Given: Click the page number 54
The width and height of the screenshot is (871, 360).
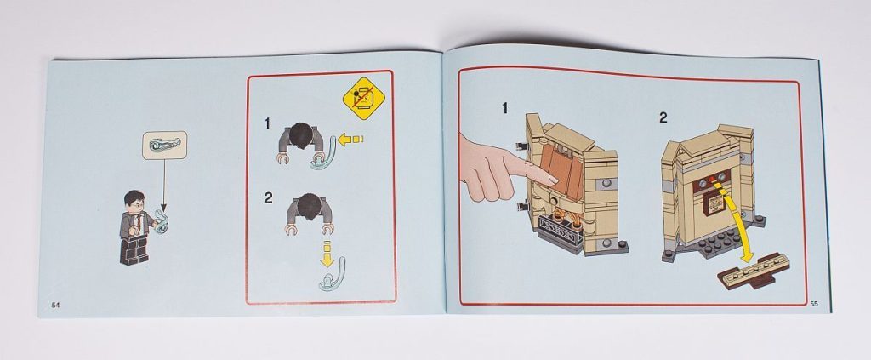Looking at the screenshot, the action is click(55, 305).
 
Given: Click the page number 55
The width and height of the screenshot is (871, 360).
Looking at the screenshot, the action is click(814, 303).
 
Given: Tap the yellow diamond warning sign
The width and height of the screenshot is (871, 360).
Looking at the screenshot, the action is click(363, 99).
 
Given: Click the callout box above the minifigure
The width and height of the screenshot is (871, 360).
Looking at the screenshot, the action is click(164, 145).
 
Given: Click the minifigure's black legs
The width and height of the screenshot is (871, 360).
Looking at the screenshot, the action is click(134, 249).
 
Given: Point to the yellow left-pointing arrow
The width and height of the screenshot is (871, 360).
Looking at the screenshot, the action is click(350, 139).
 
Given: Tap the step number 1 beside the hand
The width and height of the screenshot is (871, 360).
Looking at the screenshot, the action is click(504, 108).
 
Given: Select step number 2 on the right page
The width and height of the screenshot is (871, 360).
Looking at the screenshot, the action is click(663, 117).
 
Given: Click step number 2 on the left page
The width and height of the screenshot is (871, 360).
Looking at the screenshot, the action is click(268, 197).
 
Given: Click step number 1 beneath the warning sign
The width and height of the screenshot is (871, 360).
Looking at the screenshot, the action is click(267, 123).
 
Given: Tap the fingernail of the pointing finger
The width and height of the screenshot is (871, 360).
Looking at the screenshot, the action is click(552, 179).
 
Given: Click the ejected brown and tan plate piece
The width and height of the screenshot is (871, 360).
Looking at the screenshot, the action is click(754, 271).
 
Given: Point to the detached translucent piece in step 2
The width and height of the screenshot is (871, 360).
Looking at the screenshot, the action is click(332, 274).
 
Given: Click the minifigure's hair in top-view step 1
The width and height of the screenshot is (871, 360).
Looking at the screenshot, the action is click(300, 135).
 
